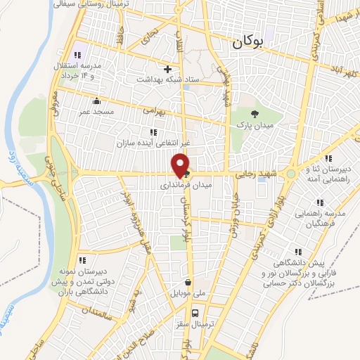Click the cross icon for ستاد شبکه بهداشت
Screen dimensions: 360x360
click(x=167, y=69)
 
